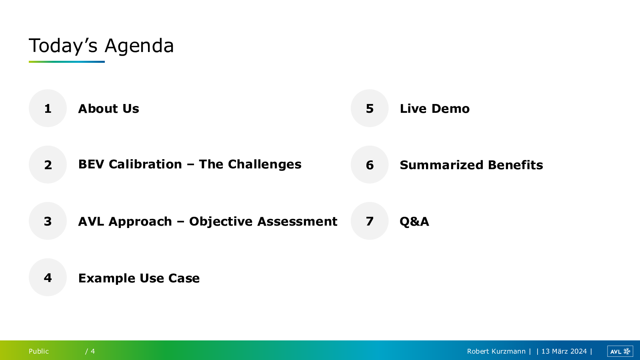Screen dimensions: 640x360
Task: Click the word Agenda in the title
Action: (x=139, y=46)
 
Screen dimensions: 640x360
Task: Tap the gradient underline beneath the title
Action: (x=66, y=62)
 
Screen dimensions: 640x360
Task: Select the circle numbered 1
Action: (x=48, y=108)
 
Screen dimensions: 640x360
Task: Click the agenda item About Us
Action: (x=108, y=108)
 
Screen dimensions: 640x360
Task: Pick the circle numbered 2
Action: (x=48, y=164)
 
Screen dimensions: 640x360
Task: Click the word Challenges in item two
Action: (x=264, y=164)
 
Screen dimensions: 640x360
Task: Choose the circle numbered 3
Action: (x=48, y=221)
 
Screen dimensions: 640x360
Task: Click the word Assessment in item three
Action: (x=297, y=222)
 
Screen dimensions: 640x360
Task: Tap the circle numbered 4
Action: (x=48, y=277)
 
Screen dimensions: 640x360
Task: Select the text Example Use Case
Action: (x=139, y=278)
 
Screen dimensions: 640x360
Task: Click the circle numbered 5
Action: (x=370, y=108)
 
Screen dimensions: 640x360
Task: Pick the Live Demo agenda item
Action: (x=434, y=108)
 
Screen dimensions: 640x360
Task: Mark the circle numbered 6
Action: (x=370, y=164)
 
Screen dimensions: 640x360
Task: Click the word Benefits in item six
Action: (x=516, y=165)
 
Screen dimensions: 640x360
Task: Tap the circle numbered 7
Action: (x=370, y=221)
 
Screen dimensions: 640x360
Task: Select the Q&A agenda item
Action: (x=414, y=222)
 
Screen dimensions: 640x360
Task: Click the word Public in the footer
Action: (x=39, y=351)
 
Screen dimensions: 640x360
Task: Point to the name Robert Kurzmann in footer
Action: (x=496, y=351)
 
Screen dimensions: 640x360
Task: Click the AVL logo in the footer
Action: (x=620, y=351)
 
